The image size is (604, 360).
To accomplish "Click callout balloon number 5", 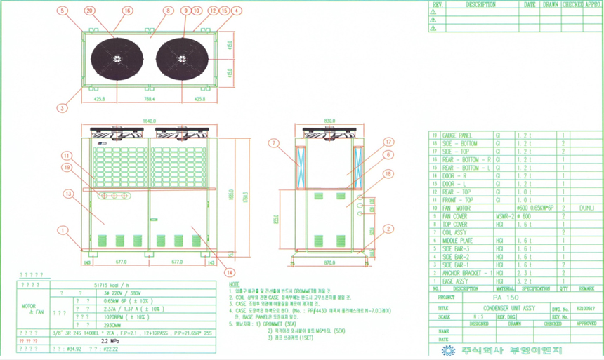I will tap(63, 11).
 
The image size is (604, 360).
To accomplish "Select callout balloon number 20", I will tap(89, 11).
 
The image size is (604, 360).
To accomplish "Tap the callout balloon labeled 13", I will tap(68, 194).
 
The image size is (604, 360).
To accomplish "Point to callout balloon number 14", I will tap(230, 273).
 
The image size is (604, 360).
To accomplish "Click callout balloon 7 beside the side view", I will tap(275, 143).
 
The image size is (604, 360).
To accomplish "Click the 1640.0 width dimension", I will tap(149, 121).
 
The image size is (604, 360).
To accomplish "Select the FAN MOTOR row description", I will tap(455, 208).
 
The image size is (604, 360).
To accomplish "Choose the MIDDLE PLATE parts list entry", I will tap(457, 240).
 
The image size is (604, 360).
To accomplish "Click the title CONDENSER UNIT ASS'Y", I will tap(511, 307).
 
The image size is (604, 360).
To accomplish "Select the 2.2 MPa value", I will tap(110, 340).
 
